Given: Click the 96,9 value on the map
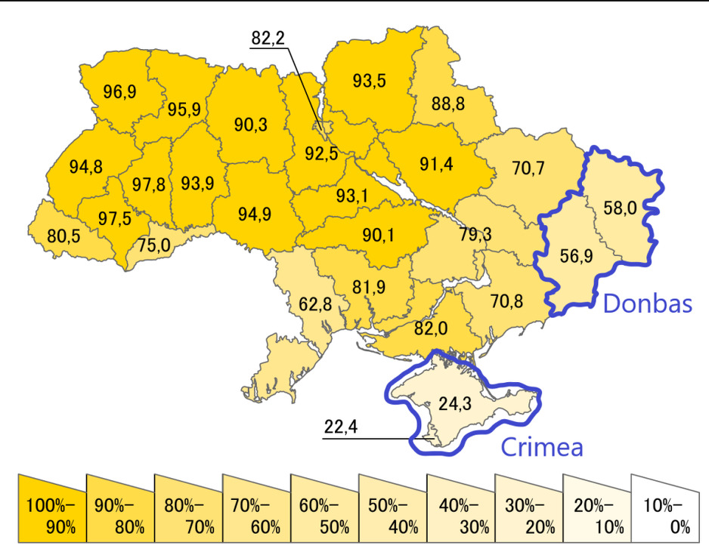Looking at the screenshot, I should coord(119,92).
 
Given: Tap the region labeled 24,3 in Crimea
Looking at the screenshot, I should coord(455,404).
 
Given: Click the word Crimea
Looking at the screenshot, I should coord(543,447).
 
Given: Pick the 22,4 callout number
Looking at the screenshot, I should coord(340,427).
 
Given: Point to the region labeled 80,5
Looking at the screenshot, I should coord(63,236).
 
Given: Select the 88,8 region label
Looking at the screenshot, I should coord(448,103).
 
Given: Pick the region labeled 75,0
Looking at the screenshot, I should coord(153,245).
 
